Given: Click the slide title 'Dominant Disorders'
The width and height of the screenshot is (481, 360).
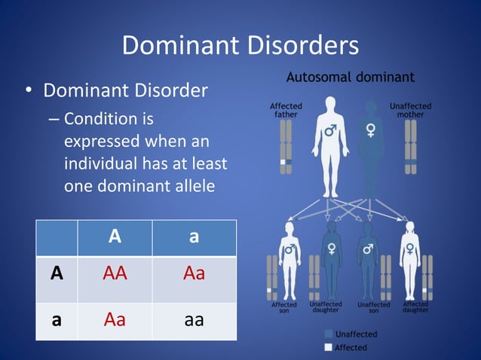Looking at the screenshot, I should pos(240,46).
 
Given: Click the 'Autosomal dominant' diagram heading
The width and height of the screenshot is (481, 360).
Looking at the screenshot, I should pos(349,77).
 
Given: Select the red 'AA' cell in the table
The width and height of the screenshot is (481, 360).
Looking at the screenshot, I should pos(115,273).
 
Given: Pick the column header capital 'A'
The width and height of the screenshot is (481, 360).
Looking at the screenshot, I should pos(115,236).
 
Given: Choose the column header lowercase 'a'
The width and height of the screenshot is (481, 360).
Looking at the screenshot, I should pos(194,236).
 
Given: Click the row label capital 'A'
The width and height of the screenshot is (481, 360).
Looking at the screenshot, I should pos(56,273).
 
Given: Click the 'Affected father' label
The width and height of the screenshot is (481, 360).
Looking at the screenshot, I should pos(286,110).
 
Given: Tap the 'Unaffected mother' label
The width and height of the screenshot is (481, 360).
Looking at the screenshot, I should pos(410,110).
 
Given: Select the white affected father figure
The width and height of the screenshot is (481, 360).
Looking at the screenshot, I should pos(329,147).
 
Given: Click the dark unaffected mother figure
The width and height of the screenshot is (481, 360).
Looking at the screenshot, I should pos(370,147).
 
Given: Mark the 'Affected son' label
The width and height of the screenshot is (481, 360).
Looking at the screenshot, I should pos(283,308).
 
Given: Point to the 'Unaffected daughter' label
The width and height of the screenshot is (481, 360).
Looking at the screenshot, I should pos(325,308).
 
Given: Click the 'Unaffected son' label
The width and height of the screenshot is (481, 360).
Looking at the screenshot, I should pos(373,308).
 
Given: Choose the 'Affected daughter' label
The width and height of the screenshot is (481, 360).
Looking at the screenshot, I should pos(415,308).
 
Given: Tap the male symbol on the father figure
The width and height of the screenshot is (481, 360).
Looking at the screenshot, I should pos(329,131).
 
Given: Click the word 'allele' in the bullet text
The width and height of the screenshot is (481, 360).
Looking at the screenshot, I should pos(189,186).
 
